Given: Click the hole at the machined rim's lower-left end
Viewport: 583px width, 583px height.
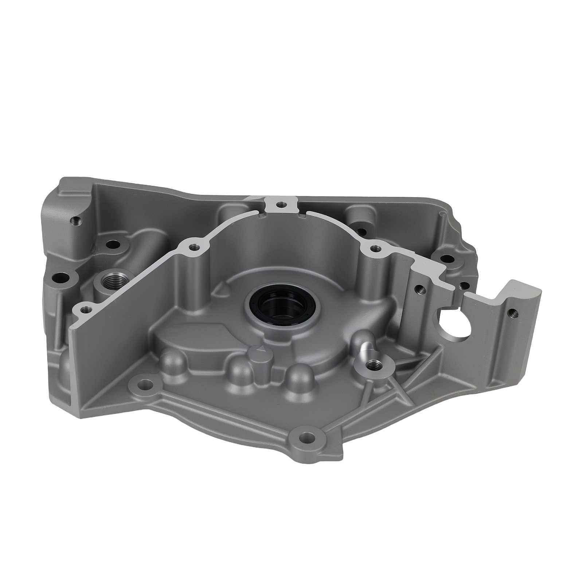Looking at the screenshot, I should pyautogui.click(x=86, y=309).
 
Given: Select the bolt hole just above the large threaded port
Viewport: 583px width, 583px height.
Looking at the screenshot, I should pyautogui.click(x=114, y=244).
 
